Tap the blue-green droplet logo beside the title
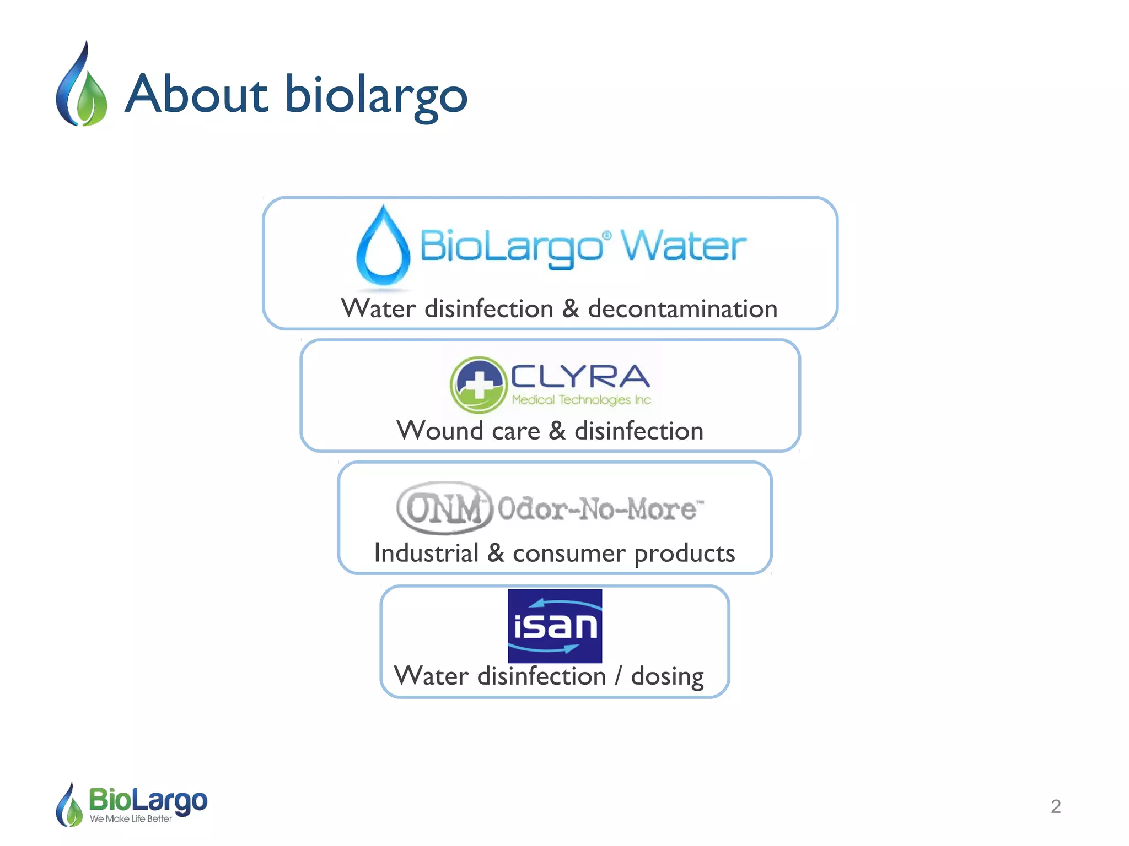pyautogui.click(x=82, y=85)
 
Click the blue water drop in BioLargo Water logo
pyautogui.click(x=383, y=248)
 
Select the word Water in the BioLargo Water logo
pyautogui.click(x=684, y=246)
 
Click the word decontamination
pyautogui.click(x=682, y=309)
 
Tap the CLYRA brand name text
pyautogui.click(x=580, y=377)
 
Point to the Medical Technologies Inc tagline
pyautogui.click(x=581, y=400)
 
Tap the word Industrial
pyautogui.click(x=426, y=553)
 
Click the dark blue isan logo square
pyautogui.click(x=555, y=626)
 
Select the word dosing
pyautogui.click(x=667, y=676)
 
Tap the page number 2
pyautogui.click(x=1055, y=806)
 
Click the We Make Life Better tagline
pyautogui.click(x=131, y=819)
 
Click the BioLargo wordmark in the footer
pyautogui.click(x=148, y=800)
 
